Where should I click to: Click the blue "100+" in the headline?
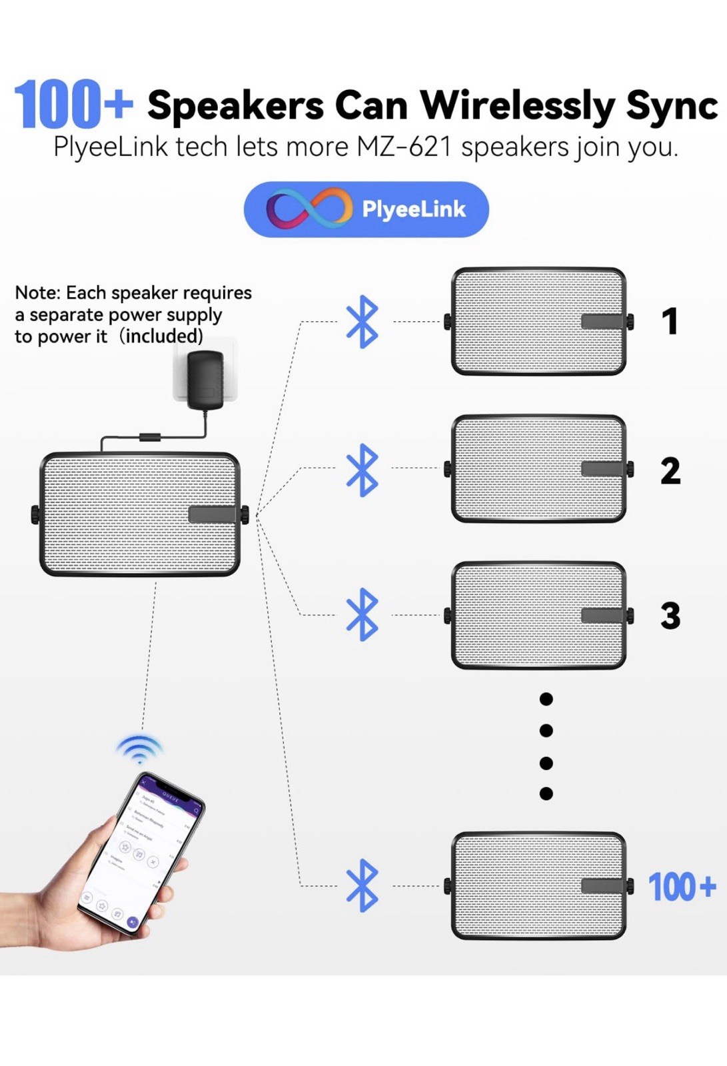pos(73,105)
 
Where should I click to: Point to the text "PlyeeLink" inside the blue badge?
pos(413,210)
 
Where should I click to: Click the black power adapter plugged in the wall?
pos(205,379)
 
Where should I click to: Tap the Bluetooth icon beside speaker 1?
pos(363,322)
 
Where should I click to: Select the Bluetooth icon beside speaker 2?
pos(363,470)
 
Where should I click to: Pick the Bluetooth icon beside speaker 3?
pos(363,614)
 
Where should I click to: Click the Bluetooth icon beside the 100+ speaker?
pos(363,885)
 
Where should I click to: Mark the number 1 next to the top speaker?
pos(670,321)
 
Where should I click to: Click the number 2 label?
pos(670,470)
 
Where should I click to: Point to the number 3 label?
pos(670,616)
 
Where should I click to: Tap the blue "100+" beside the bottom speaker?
pos(682,887)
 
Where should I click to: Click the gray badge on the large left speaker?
pos(212,514)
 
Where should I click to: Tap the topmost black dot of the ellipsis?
pos(546,699)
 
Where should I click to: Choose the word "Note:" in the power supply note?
pos(37,293)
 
